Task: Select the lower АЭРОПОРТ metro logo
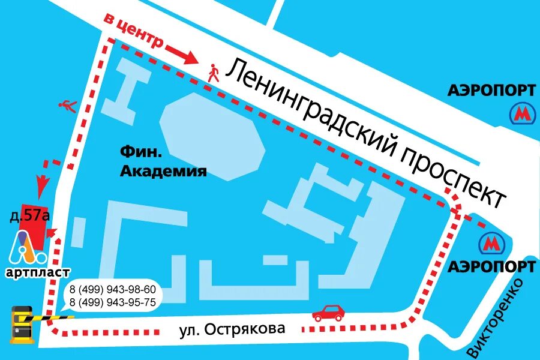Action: click(x=491, y=244)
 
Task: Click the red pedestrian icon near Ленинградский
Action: click(x=214, y=73)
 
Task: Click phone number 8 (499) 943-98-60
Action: click(x=113, y=289)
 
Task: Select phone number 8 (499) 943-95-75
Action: click(x=113, y=302)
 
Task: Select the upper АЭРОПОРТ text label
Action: click(x=491, y=90)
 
